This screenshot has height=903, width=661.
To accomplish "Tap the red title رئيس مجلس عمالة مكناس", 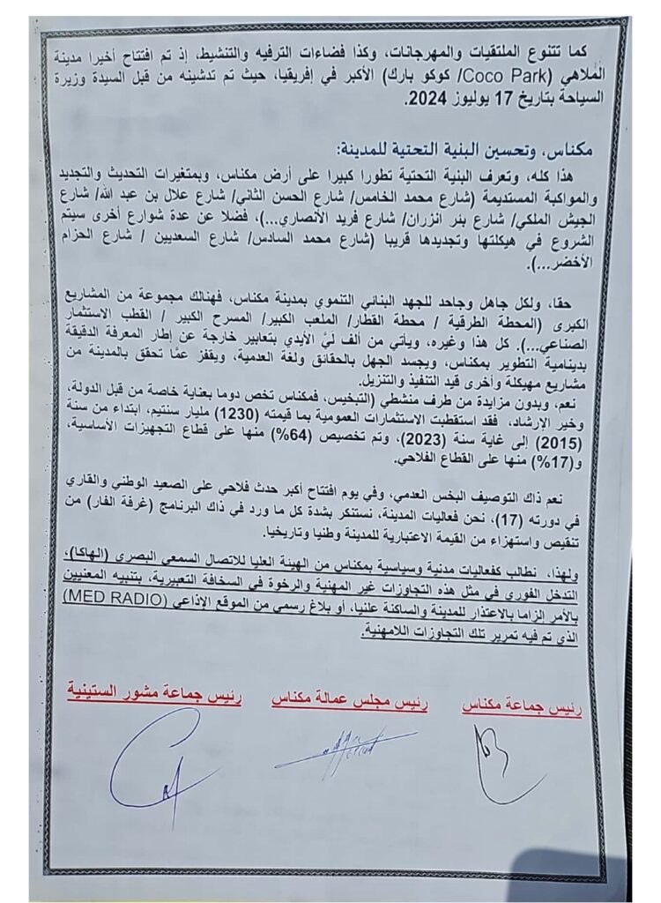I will point(351,705).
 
